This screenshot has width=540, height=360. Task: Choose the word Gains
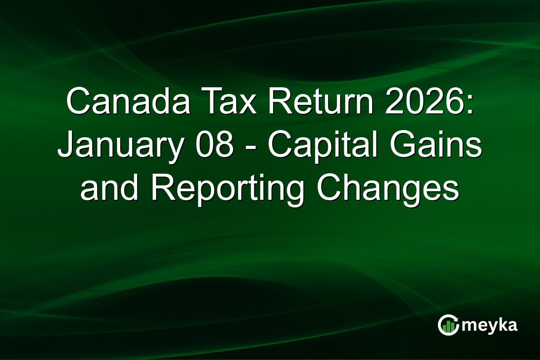435,146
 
